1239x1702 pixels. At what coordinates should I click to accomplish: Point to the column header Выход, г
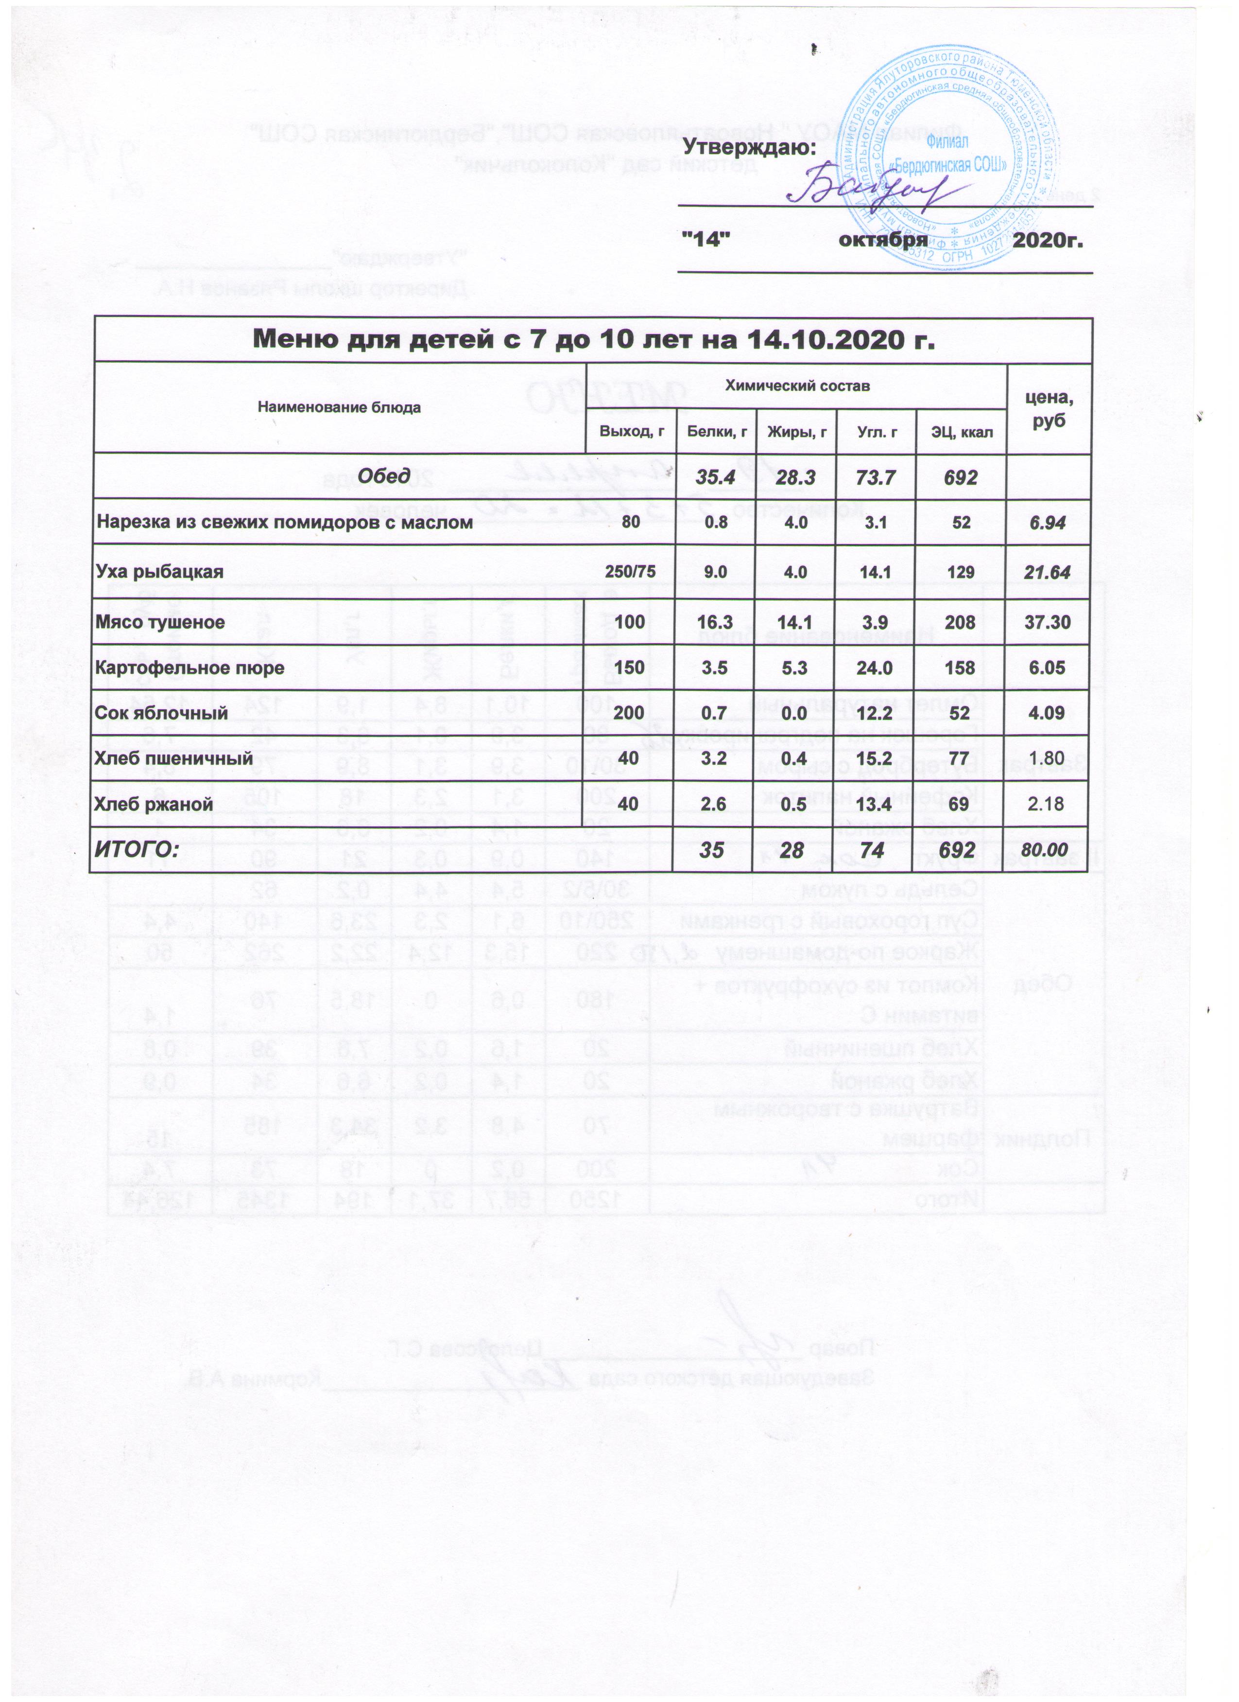pyautogui.click(x=631, y=432)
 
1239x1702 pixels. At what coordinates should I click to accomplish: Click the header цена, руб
pyautogui.click(x=1049, y=409)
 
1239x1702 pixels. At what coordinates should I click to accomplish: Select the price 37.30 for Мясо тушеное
pyautogui.click(x=1048, y=622)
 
